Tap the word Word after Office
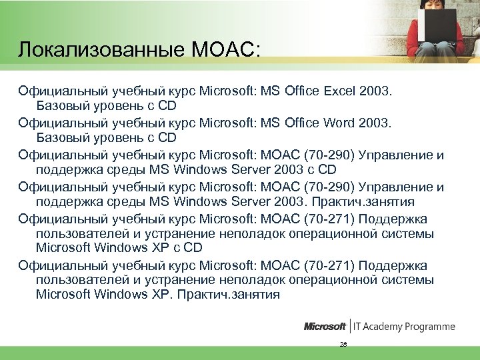click(341, 123)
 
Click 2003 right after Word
click(378, 123)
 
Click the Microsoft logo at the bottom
click(325, 327)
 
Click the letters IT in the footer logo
click(359, 327)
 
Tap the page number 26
click(343, 345)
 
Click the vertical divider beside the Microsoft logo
click(350, 327)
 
